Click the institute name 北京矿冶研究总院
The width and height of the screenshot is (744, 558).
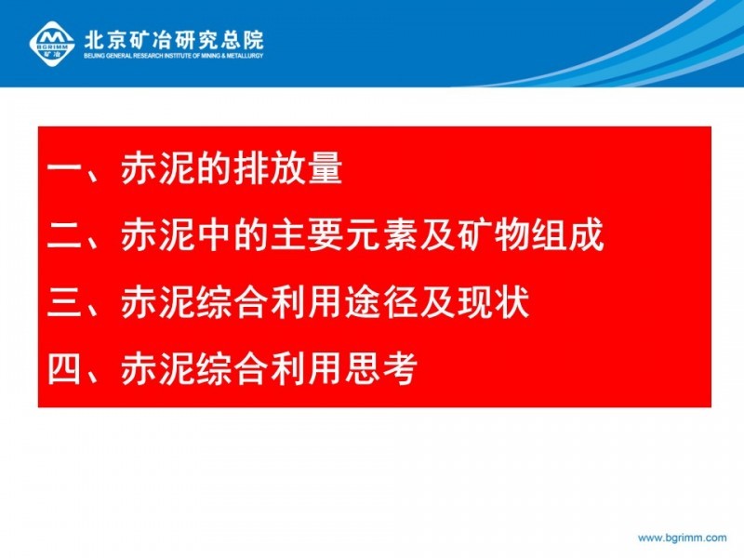click(174, 40)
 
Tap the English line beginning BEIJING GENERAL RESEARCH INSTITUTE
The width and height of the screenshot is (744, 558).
click(174, 56)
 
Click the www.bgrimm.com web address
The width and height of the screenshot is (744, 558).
click(682, 538)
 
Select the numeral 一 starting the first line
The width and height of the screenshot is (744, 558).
click(64, 168)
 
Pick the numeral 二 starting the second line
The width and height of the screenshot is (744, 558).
click(64, 235)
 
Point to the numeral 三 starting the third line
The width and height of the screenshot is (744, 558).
click(64, 301)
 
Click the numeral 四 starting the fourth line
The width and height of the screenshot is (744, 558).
click(64, 368)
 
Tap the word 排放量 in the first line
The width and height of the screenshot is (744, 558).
click(287, 168)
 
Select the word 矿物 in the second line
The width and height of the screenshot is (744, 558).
click(494, 235)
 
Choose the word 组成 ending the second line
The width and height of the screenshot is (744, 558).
click(567, 235)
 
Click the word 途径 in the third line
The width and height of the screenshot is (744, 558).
click(381, 301)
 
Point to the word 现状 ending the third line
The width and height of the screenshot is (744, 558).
click(494, 301)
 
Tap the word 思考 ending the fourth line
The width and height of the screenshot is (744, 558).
click(381, 368)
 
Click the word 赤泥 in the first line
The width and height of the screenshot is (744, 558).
click(157, 168)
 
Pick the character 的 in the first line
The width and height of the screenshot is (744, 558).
click(213, 168)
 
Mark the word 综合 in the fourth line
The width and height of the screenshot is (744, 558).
click(232, 368)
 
